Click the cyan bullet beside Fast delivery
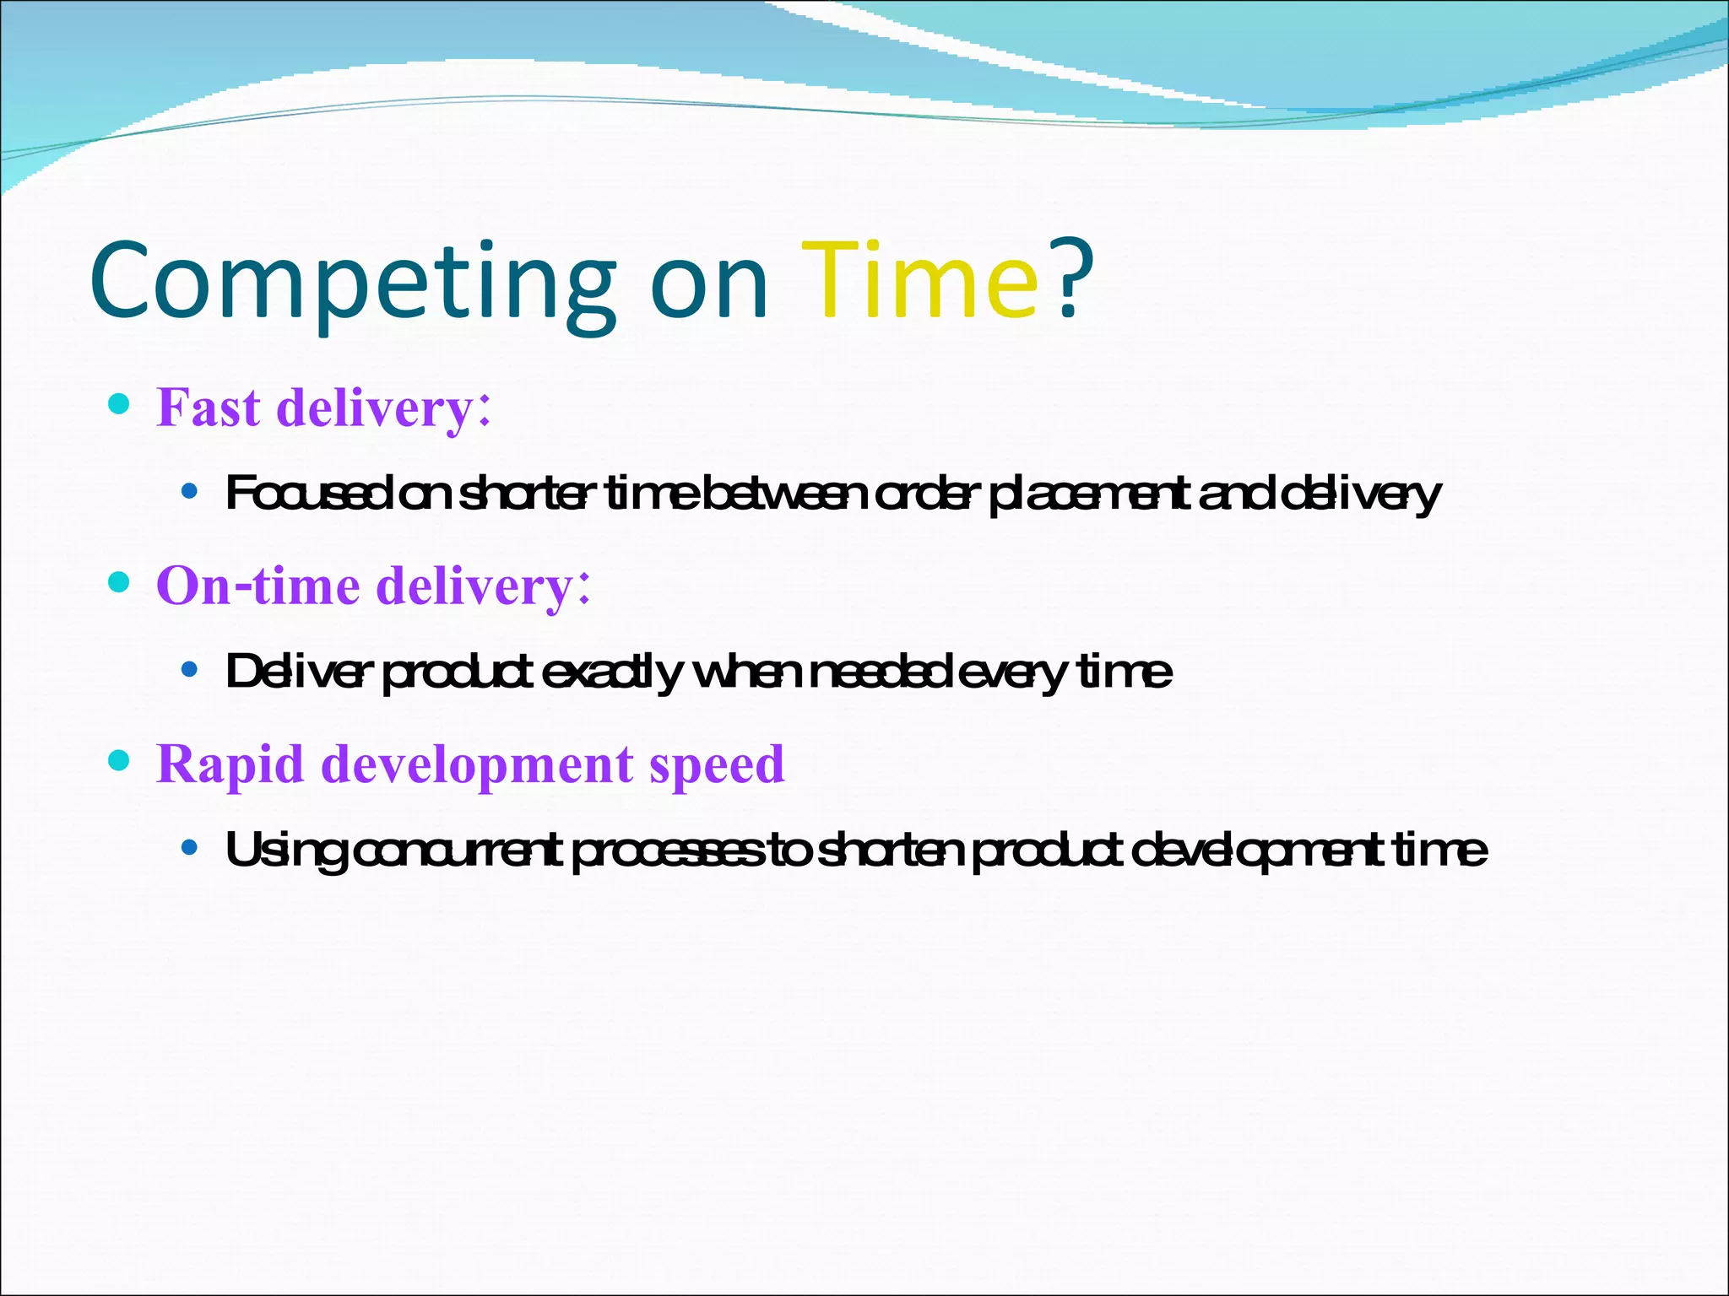tap(120, 404)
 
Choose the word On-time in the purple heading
tap(257, 586)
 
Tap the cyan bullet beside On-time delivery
tap(120, 582)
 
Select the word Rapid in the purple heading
tap(230, 764)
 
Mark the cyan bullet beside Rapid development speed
tap(120, 761)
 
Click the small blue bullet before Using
tap(190, 847)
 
